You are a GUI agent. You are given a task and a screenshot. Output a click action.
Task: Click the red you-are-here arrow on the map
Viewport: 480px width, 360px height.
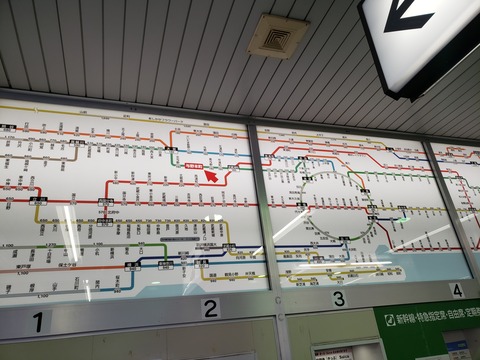pos(211,176)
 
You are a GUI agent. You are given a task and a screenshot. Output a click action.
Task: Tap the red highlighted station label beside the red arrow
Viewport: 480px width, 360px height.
pos(194,167)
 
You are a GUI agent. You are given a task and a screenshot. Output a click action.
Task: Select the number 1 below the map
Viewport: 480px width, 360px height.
pos(38,322)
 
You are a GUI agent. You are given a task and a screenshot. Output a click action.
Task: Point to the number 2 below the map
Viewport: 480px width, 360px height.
pos(210,309)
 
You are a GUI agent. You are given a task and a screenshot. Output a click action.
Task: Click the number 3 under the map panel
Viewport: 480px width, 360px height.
pos(339,298)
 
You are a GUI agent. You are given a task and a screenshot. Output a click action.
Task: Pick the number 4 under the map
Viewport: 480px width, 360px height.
pos(456,290)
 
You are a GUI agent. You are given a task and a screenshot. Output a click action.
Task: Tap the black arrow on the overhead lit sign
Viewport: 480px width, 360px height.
pos(409,19)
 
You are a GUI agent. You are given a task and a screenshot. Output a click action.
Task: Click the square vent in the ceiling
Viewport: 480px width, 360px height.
pos(278,36)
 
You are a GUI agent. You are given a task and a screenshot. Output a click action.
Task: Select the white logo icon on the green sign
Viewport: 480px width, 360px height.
pos(390,320)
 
